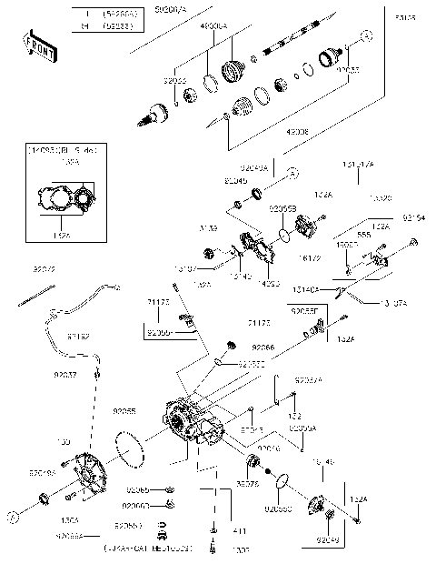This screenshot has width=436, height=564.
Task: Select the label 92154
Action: [413, 218]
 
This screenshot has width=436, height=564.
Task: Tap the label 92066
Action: [263, 347]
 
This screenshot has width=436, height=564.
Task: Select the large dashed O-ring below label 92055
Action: [133, 450]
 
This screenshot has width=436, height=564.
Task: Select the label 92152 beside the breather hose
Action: [77, 337]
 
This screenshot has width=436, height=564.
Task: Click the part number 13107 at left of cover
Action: [187, 269]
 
